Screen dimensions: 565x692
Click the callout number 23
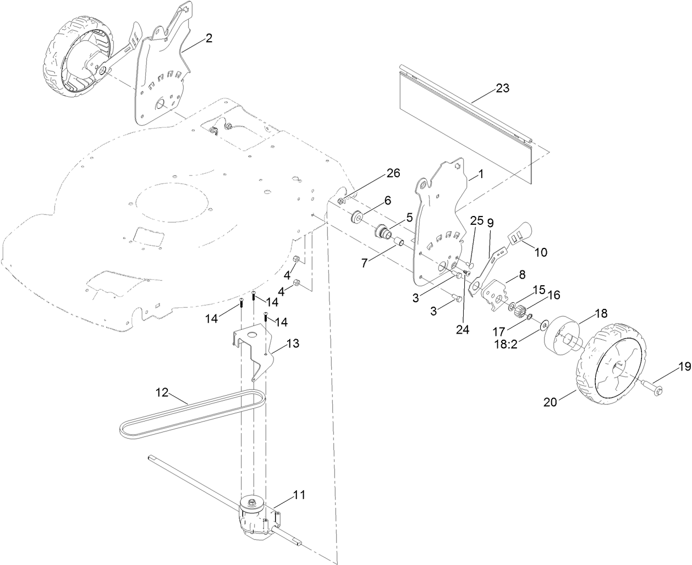[502, 88]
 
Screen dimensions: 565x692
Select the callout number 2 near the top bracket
[208, 38]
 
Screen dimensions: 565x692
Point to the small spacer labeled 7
[401, 242]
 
